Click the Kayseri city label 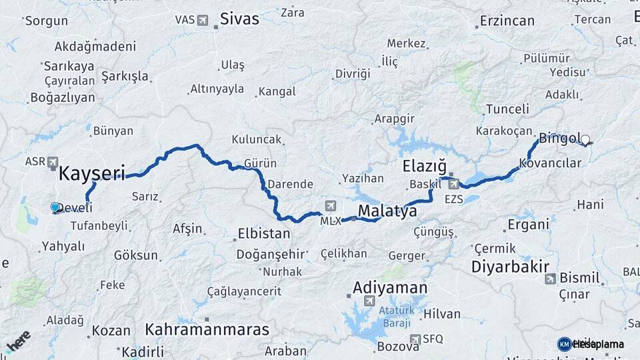[x=92, y=174]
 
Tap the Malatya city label [x=387, y=211]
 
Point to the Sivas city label [x=239, y=19]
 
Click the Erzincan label [x=507, y=21]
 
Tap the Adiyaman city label [x=389, y=288]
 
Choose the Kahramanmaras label [x=207, y=329]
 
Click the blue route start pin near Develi [x=55, y=207]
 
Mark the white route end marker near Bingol [x=585, y=140]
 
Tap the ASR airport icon [x=53, y=162]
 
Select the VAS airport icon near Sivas [x=203, y=20]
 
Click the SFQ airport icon [x=415, y=339]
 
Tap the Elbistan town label [x=264, y=234]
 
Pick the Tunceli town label [x=507, y=109]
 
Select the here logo [x=18, y=342]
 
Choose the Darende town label [x=290, y=183]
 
